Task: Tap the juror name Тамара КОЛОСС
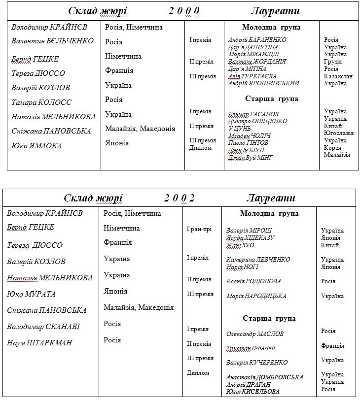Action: pyautogui.click(x=41, y=102)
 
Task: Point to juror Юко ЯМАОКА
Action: pyautogui.click(x=37, y=146)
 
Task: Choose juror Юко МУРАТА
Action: pyautogui.click(x=31, y=294)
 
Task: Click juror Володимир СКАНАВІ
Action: pyautogui.click(x=43, y=327)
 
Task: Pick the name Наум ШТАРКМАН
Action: pyautogui.click(x=39, y=343)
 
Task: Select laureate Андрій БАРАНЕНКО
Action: pyautogui.click(x=257, y=40)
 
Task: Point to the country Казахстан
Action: pyautogui.click(x=338, y=76)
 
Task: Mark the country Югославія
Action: pyautogui.click(x=339, y=133)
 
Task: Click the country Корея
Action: pyautogui.click(x=332, y=147)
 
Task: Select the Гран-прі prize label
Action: pyautogui.click(x=200, y=229)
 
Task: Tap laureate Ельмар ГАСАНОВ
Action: pyautogui.click(x=253, y=114)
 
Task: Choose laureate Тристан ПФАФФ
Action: pyautogui.click(x=251, y=348)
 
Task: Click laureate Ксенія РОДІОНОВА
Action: pyautogui.click(x=253, y=281)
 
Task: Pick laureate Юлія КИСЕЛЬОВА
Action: pyautogui.click(x=252, y=392)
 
